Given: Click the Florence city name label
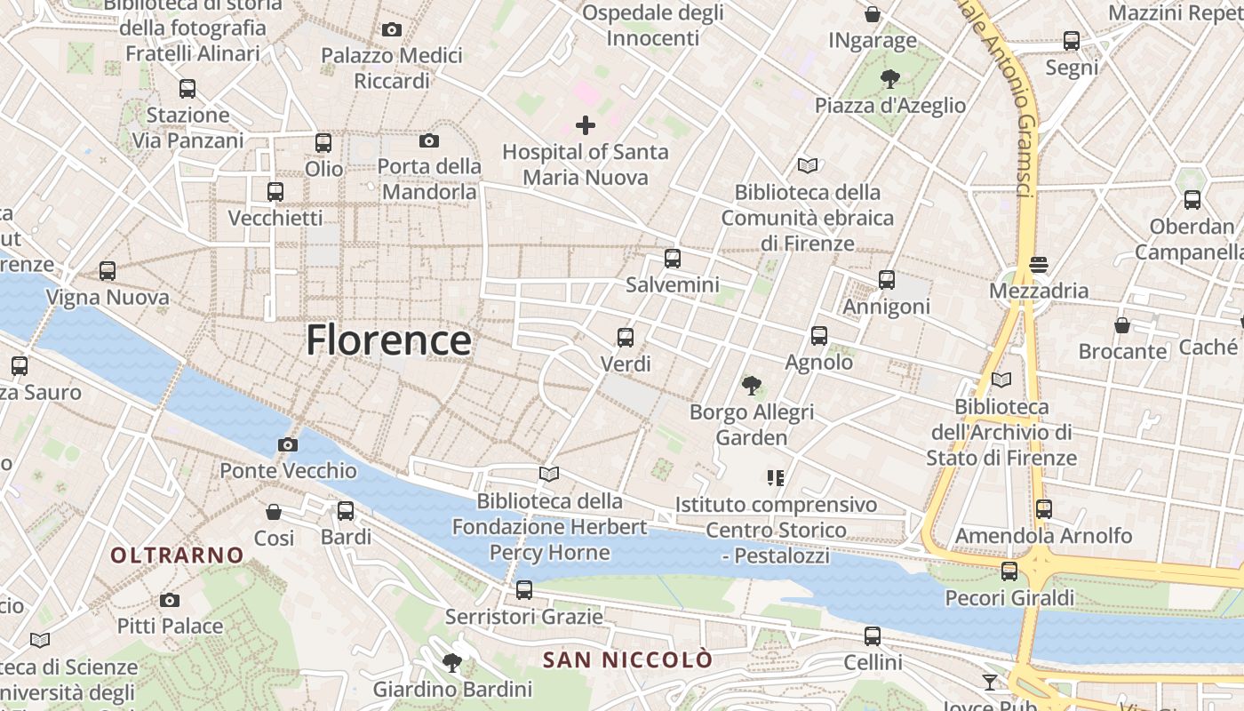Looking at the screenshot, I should coord(388,340).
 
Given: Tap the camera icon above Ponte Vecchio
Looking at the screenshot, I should coord(288,444).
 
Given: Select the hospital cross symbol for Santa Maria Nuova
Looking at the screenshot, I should coord(586,125).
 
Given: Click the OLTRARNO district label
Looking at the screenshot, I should coord(177,555).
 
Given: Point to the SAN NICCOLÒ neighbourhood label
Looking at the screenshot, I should coord(627,659).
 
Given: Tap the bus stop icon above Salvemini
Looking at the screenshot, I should coord(673,259).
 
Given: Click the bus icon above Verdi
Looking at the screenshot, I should coord(626,338).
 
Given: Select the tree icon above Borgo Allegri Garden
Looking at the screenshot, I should coord(752,386).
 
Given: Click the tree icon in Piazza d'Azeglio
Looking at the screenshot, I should coord(890,79).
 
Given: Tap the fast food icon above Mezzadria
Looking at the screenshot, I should coord(1038,264).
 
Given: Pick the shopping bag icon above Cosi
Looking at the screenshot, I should coord(274,512).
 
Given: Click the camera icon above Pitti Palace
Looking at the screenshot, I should coord(170,600).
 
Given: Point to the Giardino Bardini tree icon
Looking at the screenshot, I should coord(452,662).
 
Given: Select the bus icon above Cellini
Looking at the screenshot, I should coord(873,636).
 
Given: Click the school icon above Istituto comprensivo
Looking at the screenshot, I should coord(776,478).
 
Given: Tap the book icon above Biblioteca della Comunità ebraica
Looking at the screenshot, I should coord(808,165).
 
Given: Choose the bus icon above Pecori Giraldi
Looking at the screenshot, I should coord(1009,571).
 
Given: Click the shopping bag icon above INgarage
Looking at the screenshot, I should coord(873,14).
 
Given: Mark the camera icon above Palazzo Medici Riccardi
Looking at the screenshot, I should coord(392,29).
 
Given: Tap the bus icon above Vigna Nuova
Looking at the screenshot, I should coord(108,271).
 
